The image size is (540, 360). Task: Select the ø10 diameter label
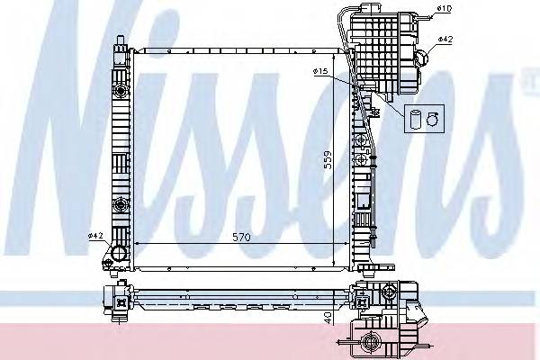click(x=443, y=9)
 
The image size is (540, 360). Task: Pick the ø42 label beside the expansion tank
click(x=445, y=39)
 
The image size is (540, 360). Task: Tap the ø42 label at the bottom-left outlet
click(x=96, y=236)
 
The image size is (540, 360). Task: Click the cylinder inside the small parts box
click(x=415, y=118)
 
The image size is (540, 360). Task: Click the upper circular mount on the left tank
click(x=120, y=93)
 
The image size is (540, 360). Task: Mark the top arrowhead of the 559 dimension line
click(x=335, y=57)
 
